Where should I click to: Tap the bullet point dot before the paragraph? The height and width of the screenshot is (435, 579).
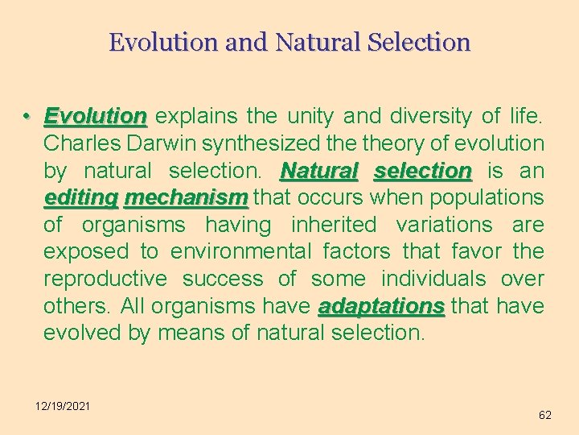27,117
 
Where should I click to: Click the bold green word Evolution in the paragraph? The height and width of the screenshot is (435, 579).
95,117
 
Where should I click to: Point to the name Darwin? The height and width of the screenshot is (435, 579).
161,143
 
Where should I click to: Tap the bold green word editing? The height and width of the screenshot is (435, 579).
80,197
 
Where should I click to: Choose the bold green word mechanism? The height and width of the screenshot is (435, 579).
186,197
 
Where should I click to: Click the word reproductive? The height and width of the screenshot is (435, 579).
105,279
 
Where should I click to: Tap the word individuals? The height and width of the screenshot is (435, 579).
433,279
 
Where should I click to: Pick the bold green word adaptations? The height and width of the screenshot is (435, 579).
381,306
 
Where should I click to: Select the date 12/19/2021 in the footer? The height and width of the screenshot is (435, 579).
62,405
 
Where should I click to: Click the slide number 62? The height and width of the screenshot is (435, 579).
544,415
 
